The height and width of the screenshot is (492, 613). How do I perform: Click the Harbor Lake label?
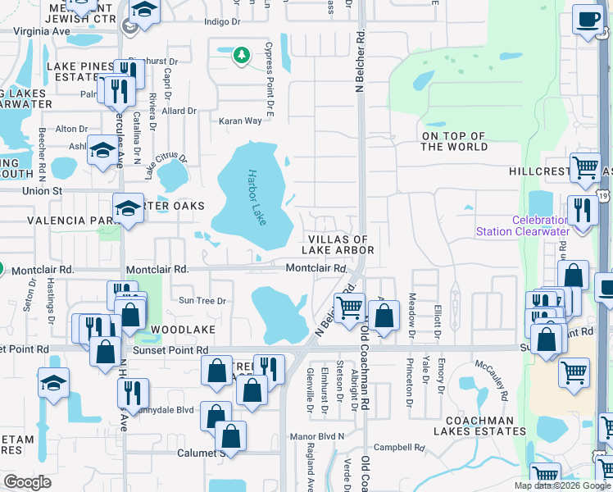(x=255, y=198)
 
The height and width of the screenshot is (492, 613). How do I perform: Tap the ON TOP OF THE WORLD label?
(x=454, y=142)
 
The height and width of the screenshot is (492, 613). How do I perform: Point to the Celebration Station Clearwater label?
(x=521, y=225)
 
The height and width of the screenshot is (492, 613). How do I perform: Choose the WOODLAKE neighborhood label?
(x=183, y=329)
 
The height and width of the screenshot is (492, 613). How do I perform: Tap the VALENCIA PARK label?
(x=67, y=221)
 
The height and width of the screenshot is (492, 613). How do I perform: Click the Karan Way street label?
(x=240, y=121)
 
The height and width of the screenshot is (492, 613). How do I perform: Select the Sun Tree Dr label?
(x=202, y=301)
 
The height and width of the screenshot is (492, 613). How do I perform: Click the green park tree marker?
(x=241, y=55)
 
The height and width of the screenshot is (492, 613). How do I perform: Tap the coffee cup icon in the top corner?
(x=587, y=20)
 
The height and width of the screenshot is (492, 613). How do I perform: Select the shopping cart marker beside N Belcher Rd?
(x=350, y=307)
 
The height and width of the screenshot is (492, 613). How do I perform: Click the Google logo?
(x=28, y=482)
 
